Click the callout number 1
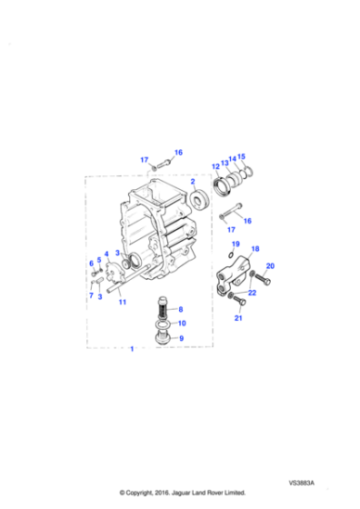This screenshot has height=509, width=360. coord(134,349)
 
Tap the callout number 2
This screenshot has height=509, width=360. coord(192,182)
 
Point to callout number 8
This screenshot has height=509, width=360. coord(181,311)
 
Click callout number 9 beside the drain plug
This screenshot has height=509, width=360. coord(181,338)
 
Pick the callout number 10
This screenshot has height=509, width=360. coord(182,324)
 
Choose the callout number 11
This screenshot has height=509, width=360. coord(122,302)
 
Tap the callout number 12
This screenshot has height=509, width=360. coord(215,166)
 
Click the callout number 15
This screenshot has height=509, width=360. coord(241,157)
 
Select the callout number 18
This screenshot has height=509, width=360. coord(255,248)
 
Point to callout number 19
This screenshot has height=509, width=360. coord(235,245)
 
